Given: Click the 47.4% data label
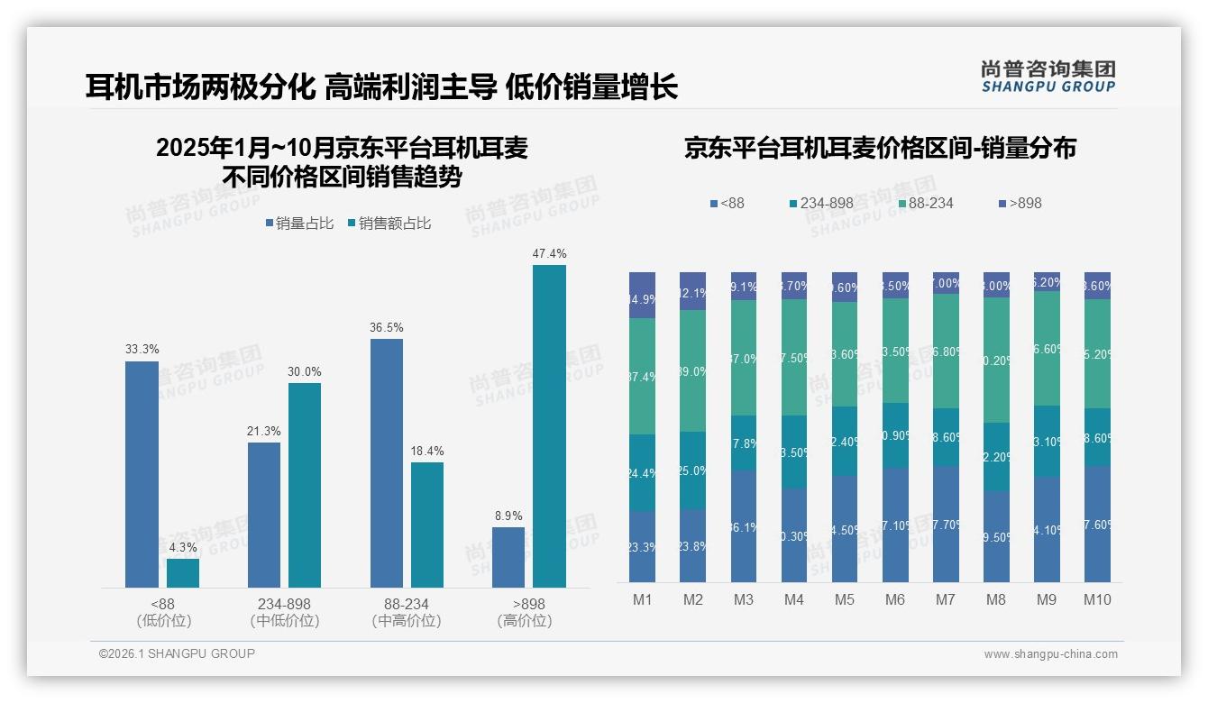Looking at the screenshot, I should coord(549,254).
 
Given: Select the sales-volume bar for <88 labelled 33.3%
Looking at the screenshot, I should coord(142,474).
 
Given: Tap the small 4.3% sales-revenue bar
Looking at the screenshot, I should coord(183,573).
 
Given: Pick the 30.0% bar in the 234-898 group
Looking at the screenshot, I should coord(305,485).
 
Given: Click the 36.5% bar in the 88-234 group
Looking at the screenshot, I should coord(386,463).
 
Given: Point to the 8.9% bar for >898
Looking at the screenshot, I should coord(508,557).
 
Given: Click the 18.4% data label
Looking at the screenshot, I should coord(426,452).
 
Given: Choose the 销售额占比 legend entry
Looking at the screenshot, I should coord(389,224).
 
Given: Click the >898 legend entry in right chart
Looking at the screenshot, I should coord(1020,204).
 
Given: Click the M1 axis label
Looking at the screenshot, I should coord(642,600).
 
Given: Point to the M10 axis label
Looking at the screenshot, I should coord(1097,600).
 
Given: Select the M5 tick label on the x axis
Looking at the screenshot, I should coord(844,600).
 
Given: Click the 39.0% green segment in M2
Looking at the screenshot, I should coord(692,370).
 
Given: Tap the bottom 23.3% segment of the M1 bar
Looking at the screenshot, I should coord(642,547).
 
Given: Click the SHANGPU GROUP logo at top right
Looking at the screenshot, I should coord(1048,77).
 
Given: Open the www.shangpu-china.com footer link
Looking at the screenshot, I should coord(1050,654).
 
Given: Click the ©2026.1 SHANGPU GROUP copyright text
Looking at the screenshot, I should coord(177,653).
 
